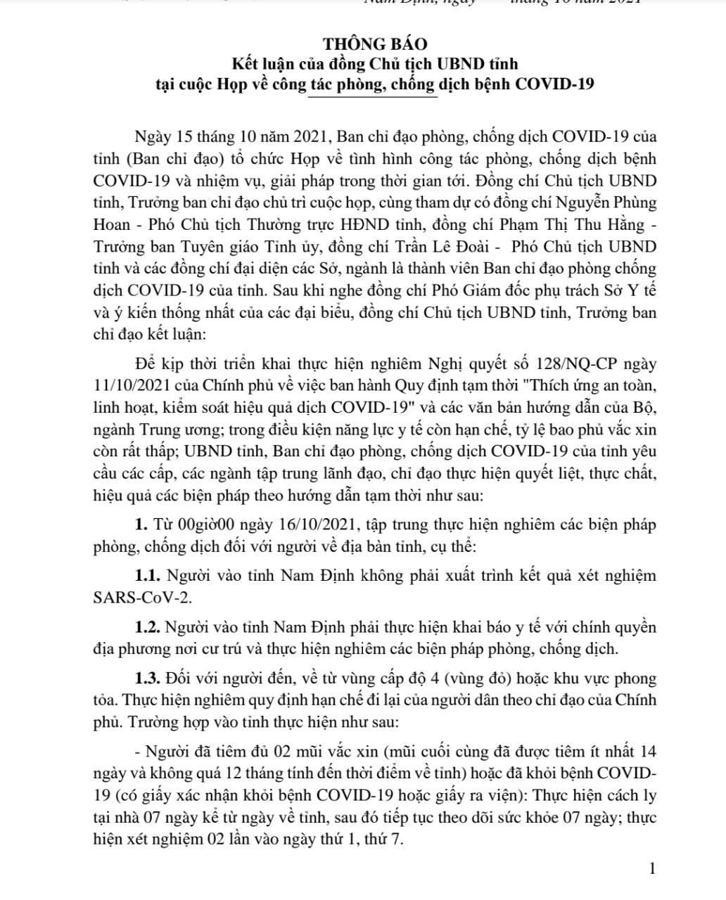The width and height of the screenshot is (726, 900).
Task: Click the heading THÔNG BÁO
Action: point(374,45)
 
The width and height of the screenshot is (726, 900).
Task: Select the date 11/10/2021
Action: point(127,385)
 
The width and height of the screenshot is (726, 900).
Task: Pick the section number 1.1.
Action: point(148,576)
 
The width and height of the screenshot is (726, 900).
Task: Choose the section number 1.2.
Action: point(149,627)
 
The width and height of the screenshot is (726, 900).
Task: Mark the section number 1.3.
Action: point(149,679)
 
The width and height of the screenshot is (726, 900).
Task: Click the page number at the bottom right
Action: point(652,869)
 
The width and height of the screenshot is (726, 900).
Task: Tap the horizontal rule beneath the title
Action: point(373,97)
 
